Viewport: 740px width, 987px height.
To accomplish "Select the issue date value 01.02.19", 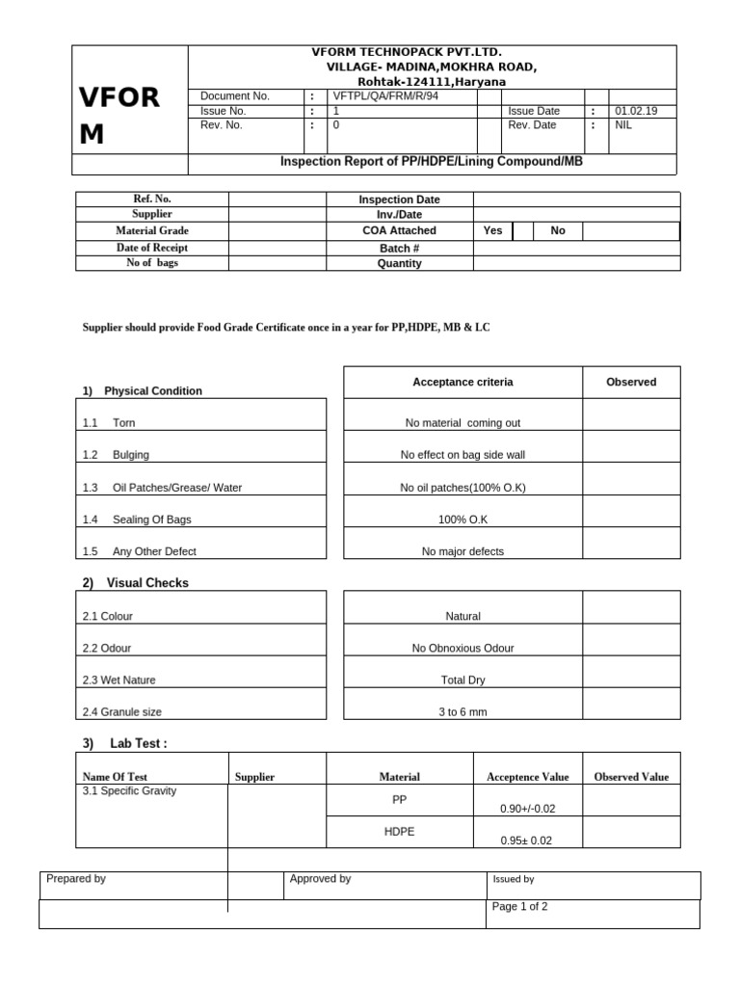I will click(633, 111).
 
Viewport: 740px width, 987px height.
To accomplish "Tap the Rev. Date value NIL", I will click(623, 125).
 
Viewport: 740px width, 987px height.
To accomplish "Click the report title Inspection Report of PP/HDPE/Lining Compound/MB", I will click(431, 162).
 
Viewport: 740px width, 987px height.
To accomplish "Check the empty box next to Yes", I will click(523, 231).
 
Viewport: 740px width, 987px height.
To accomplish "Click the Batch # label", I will click(399, 248).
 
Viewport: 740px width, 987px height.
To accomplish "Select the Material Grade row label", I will click(152, 231).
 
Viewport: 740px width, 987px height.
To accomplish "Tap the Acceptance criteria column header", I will click(462, 383).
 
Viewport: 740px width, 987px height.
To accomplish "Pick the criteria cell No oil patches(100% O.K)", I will click(462, 488).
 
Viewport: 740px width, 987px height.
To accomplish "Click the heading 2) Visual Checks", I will click(136, 583).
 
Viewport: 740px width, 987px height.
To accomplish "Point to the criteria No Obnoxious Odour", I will click(462, 649).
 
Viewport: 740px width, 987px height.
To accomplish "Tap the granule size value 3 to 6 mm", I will click(462, 712).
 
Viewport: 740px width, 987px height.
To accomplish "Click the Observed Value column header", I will click(631, 777).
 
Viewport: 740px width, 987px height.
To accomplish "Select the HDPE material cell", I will click(399, 832).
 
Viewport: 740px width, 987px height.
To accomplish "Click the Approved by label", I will click(320, 879).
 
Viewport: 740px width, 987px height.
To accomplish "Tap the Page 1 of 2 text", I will click(520, 907).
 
